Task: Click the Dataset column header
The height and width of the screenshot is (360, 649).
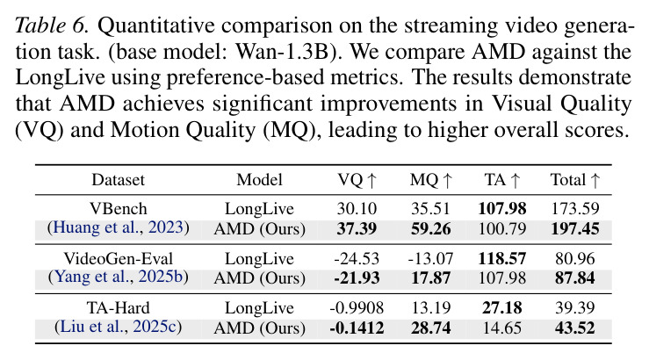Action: pos(118,180)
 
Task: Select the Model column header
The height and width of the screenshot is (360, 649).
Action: pos(260,180)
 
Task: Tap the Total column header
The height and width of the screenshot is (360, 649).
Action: pos(575,180)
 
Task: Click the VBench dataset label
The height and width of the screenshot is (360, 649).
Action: pos(119,209)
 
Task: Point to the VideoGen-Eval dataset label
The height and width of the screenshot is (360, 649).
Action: pos(119,259)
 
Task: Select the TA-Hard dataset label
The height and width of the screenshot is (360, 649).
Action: pos(119,308)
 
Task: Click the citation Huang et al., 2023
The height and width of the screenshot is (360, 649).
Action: pos(119,227)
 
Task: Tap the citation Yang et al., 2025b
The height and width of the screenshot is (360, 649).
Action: pos(119,277)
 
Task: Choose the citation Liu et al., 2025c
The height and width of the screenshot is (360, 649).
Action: pos(119,327)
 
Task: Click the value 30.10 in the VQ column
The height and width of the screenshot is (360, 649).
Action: pos(357,209)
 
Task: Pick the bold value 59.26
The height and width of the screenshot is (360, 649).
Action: pos(431,228)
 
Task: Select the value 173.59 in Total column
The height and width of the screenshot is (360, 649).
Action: pos(575,209)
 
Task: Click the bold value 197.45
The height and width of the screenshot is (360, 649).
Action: pos(575,228)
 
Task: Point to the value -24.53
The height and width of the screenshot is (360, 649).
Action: pos(357,259)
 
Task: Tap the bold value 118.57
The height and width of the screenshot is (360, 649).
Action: pos(502,259)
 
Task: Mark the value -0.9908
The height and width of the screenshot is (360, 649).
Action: pos(357,308)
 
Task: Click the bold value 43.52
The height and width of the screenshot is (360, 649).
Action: pos(575,328)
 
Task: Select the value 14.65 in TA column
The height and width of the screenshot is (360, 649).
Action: pos(502,328)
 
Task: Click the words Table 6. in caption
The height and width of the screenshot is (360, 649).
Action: pos(52,25)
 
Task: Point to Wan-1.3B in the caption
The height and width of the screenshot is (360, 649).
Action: pos(281,52)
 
